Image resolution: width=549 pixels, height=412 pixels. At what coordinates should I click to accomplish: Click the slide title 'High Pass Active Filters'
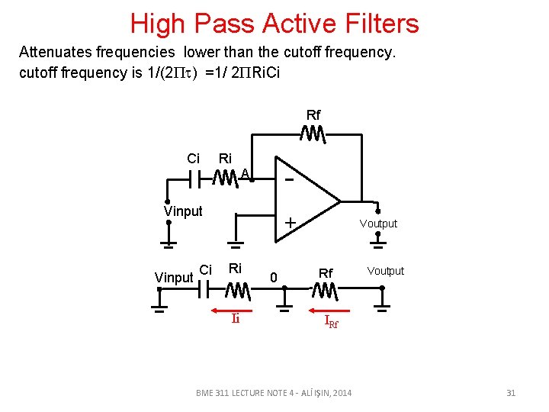point(274,24)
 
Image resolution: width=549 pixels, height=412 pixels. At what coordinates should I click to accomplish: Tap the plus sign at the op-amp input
point(290,223)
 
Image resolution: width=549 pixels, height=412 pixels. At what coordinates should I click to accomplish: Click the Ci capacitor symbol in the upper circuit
point(195,179)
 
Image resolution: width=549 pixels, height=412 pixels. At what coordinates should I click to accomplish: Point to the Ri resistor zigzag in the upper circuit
point(226,179)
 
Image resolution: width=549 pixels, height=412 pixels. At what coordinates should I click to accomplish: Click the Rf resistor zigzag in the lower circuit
point(325,291)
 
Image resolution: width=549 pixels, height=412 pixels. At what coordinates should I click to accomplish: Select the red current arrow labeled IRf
point(326,310)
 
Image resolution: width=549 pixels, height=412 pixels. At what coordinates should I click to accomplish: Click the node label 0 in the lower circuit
point(274,277)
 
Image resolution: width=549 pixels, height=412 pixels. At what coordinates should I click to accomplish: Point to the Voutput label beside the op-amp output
point(378,224)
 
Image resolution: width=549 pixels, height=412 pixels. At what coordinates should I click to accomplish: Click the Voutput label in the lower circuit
point(386,271)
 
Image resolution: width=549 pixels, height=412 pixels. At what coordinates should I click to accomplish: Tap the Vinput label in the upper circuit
point(183,211)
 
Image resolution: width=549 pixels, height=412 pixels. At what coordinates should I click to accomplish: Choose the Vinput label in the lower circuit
point(173,278)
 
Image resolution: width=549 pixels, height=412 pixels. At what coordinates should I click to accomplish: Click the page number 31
point(511,393)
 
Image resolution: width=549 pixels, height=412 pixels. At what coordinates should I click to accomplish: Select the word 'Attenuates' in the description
point(53,53)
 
